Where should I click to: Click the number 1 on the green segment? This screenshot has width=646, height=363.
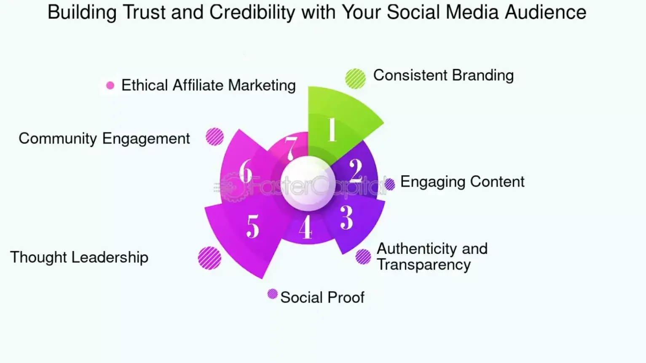332,130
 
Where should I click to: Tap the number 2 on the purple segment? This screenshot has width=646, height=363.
356,171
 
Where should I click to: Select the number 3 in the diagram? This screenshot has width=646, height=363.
346,217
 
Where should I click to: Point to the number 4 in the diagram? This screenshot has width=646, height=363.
306,227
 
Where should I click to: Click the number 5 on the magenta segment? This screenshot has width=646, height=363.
253,227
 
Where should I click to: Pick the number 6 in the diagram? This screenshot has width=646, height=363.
246,171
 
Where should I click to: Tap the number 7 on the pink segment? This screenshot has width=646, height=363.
290,148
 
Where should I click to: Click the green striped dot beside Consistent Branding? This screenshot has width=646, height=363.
355,78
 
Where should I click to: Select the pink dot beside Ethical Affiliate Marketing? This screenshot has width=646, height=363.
110,85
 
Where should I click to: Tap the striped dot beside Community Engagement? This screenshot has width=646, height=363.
215,137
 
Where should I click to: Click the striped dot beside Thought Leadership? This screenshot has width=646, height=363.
209,258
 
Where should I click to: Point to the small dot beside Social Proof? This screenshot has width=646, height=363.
273,294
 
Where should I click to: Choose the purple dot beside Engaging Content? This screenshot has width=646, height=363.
390,184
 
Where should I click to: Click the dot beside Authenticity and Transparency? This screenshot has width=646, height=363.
363,256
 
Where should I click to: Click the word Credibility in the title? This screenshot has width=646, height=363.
252,12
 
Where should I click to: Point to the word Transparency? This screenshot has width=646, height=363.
424,265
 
